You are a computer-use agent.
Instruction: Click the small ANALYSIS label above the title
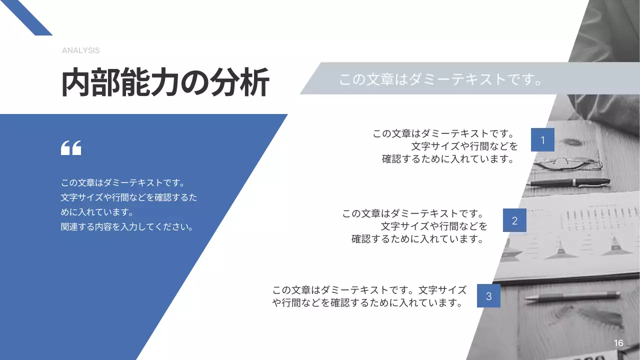pos(80,50)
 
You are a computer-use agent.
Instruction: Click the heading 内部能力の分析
pos(165,82)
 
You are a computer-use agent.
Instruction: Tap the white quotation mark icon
pos(71,148)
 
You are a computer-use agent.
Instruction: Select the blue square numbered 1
pos(542,140)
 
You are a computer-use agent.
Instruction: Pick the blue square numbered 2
pos(514,220)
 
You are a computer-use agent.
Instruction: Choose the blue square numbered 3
pos(488,296)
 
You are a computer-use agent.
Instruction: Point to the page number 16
pos(618,343)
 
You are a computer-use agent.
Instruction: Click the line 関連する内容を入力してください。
pos(127,227)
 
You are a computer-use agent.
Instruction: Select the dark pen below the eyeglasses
pos(570,183)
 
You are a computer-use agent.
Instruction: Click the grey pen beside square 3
pos(572,296)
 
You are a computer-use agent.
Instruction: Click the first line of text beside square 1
pos(444,134)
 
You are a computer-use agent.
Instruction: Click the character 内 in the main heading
pos(76,82)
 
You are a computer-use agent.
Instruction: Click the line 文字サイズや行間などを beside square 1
pos(464,146)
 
